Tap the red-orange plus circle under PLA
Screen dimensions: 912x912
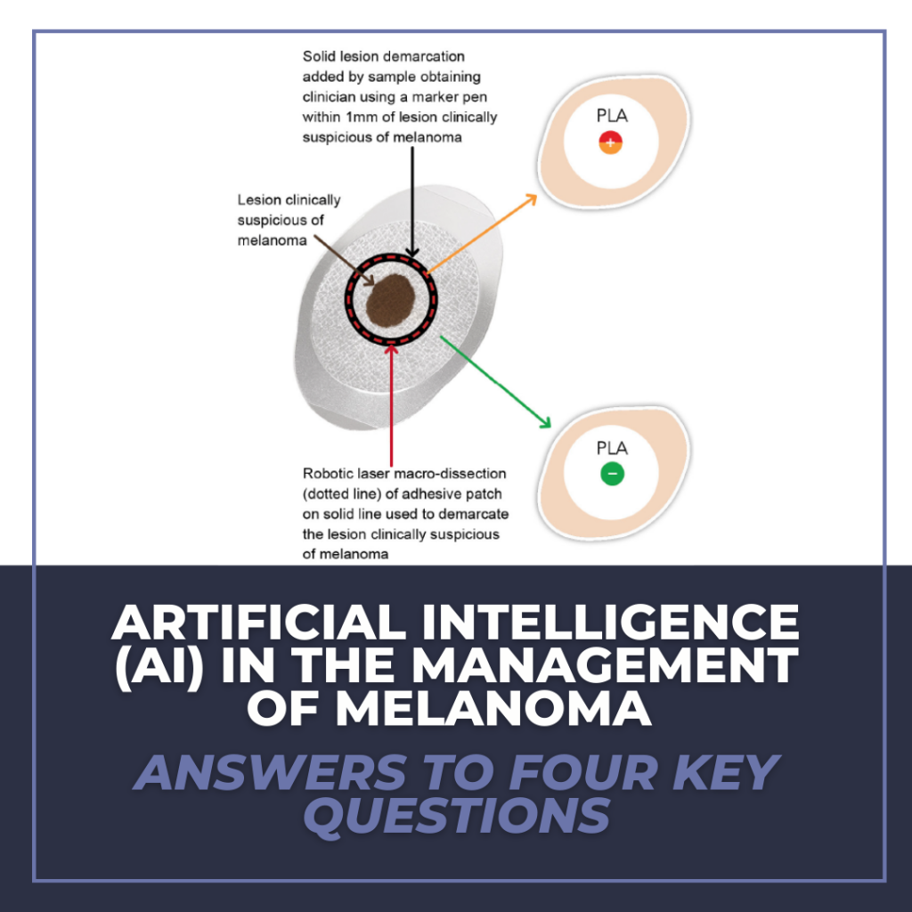click(x=610, y=142)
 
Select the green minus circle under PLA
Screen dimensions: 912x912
click(x=612, y=473)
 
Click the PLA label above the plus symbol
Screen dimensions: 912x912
click(x=611, y=116)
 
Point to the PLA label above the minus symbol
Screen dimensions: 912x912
click(x=612, y=447)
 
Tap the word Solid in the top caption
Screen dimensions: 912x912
click(x=320, y=58)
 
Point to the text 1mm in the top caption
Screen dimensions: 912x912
click(x=361, y=118)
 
